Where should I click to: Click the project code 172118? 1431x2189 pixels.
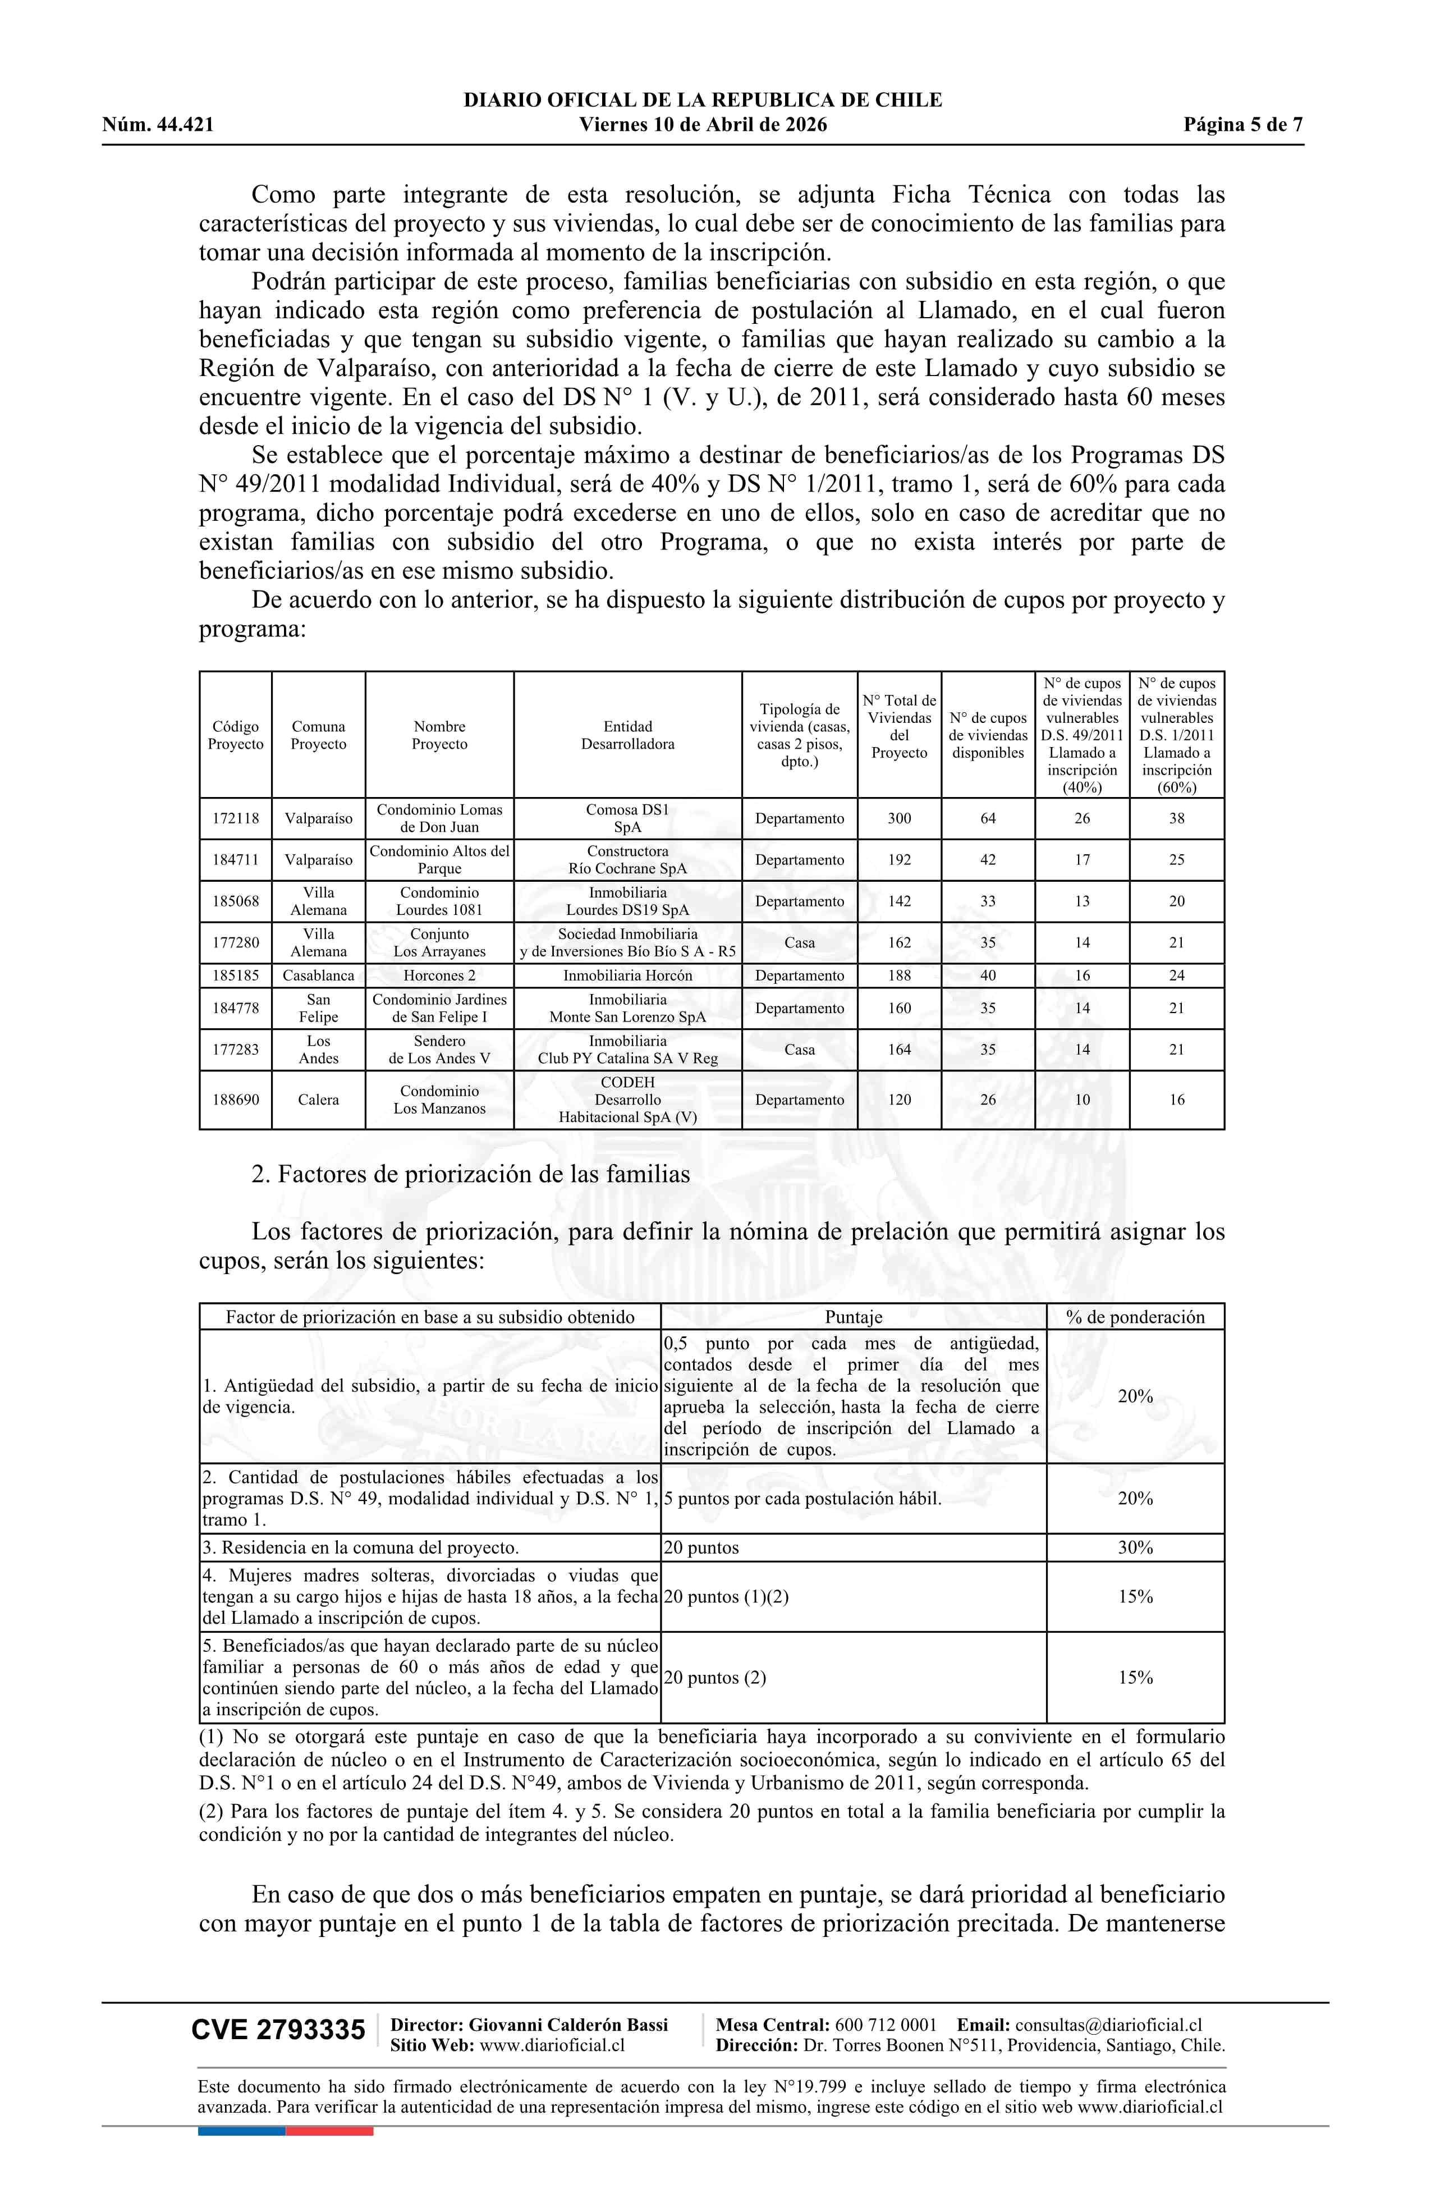236,818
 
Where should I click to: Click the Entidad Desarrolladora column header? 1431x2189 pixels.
627,735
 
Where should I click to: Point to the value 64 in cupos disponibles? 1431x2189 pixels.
988,818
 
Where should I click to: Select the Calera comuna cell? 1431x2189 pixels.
318,1100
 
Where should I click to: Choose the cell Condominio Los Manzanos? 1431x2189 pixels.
439,1100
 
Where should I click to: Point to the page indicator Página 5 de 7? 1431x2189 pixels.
1242,125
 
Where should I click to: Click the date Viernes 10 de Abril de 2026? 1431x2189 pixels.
703,125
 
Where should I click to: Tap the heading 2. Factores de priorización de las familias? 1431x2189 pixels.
470,1175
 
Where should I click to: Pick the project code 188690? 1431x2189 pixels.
236,1100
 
